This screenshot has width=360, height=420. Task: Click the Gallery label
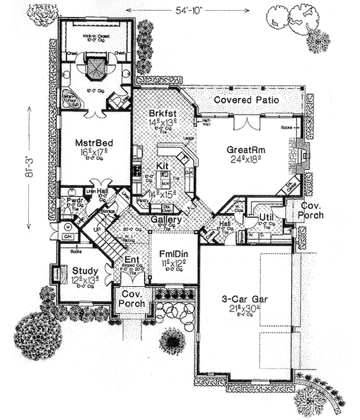[166, 221]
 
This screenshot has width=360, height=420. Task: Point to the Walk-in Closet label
[96, 36]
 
